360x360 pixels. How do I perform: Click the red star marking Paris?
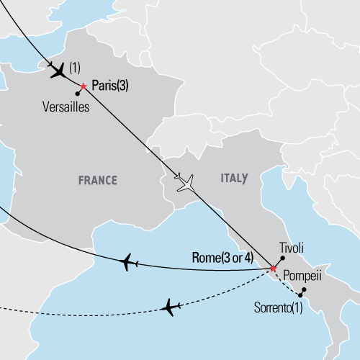84,86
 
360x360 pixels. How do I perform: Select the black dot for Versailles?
77,94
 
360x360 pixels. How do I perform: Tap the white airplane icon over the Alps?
186,184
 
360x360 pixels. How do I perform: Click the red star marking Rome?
273,269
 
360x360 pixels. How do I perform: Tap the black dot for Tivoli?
282,258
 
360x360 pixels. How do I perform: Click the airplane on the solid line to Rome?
130,262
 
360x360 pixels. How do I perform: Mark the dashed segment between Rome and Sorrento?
287,283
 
